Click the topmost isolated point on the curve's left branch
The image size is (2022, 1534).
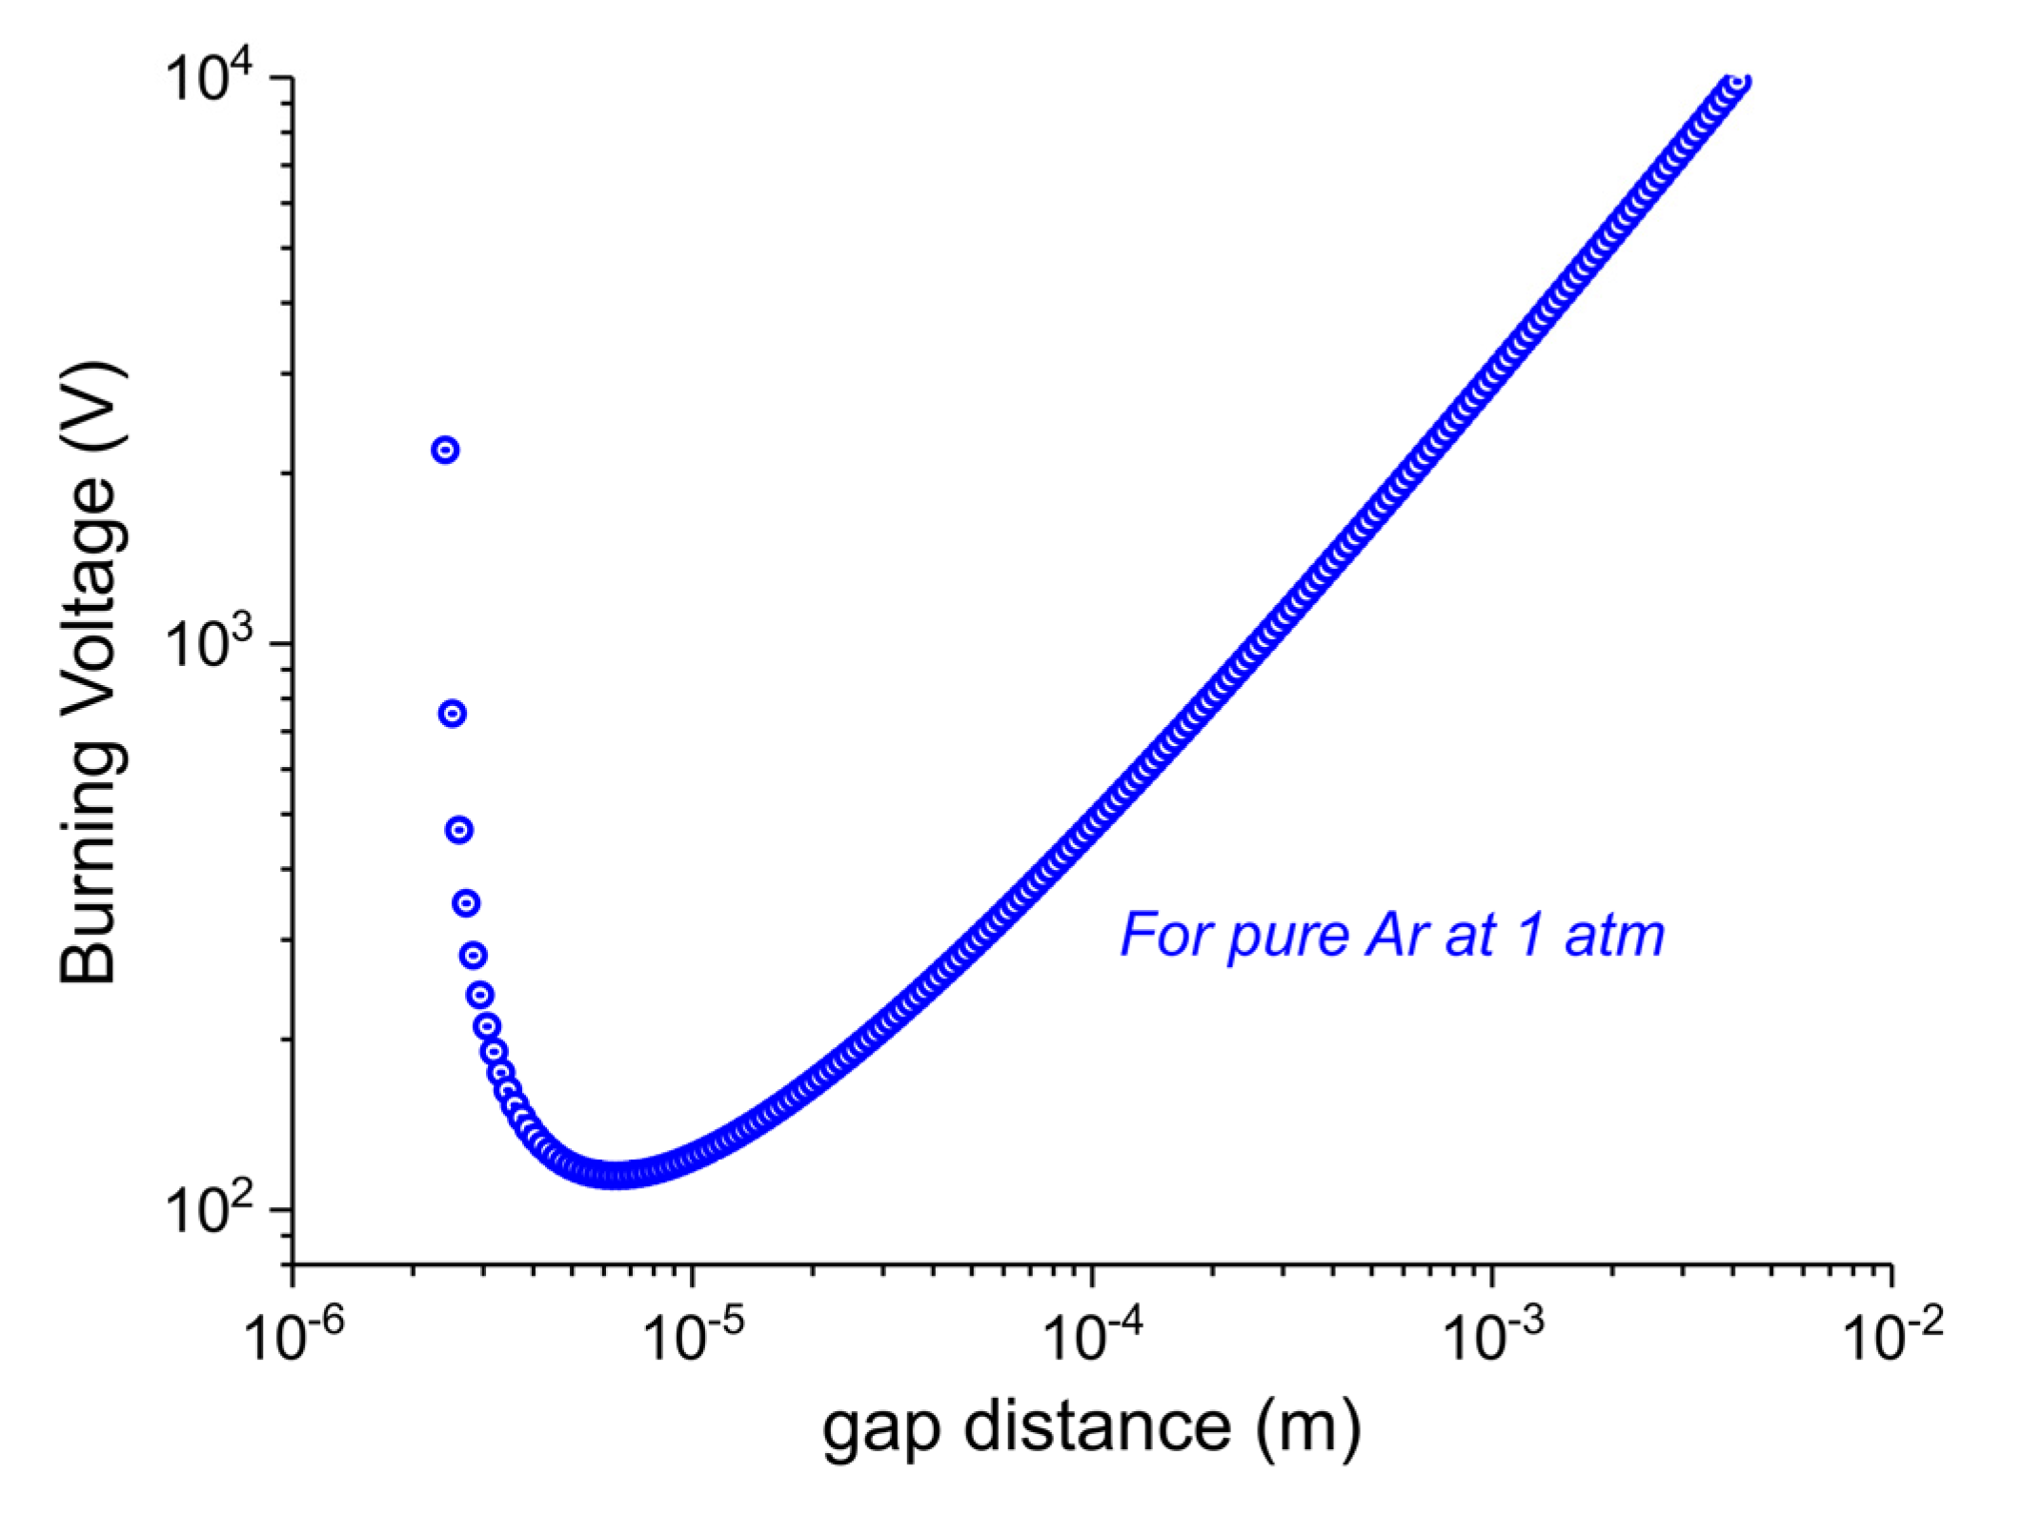tap(445, 450)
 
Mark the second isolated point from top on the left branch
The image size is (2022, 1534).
tap(453, 714)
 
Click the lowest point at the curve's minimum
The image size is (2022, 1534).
tap(617, 1175)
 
